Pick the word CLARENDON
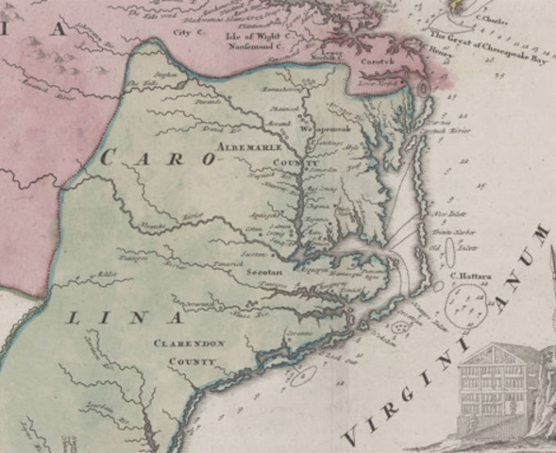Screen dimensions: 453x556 coord(190,344)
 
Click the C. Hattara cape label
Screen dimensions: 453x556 coord(467,277)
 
